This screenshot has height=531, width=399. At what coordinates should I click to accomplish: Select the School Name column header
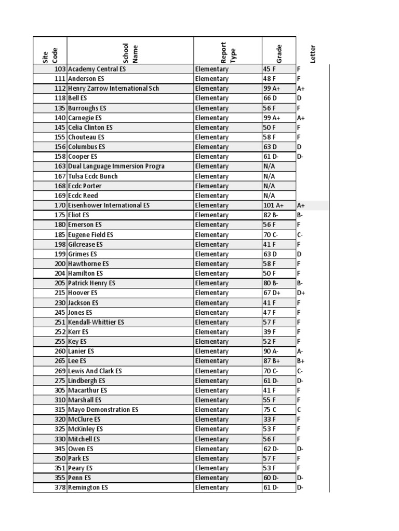tap(129, 52)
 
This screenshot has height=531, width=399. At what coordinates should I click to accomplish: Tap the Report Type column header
tap(228, 52)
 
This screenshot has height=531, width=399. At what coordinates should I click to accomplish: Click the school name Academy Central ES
tap(97, 69)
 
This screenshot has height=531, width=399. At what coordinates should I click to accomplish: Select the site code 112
tap(60, 89)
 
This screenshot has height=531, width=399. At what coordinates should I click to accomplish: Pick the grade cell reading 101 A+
tap(272, 205)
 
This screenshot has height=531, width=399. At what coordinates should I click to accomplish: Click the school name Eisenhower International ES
tap(109, 205)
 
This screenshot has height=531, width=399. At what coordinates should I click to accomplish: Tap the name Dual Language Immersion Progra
tap(116, 166)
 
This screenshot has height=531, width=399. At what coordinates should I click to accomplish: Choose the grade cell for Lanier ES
tap(271, 352)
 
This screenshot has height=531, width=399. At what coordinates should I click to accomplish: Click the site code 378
tap(60, 488)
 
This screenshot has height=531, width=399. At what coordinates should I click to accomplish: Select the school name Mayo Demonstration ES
tap(103, 410)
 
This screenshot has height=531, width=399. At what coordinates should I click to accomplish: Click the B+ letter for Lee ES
tap(300, 361)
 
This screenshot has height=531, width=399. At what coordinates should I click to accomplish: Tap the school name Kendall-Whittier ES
tap(96, 323)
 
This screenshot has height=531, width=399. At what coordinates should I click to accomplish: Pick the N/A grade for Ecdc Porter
tap(269, 186)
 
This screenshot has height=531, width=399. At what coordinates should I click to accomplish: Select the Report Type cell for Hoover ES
tap(211, 293)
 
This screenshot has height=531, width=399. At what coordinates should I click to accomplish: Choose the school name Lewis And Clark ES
tap(95, 371)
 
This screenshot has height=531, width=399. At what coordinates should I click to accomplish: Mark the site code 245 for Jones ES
tap(60, 313)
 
